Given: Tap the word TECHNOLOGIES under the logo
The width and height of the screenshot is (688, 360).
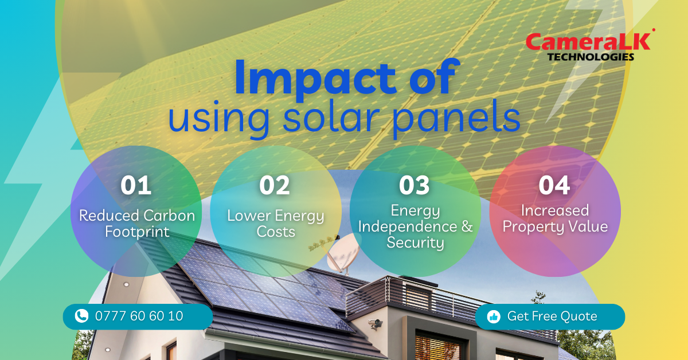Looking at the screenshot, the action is [x=591, y=57].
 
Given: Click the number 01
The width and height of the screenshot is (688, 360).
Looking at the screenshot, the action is [x=136, y=186].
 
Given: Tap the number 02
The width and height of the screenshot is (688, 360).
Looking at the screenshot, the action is [x=274, y=186].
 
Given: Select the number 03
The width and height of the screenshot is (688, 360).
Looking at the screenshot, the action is [x=414, y=186].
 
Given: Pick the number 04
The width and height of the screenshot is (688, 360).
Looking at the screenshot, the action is [x=554, y=186].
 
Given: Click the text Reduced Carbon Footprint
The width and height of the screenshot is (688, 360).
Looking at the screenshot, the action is [x=137, y=224].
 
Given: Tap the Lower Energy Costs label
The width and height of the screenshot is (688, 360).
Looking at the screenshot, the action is [x=276, y=224].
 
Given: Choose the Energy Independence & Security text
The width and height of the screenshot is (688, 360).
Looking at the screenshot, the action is [x=415, y=226].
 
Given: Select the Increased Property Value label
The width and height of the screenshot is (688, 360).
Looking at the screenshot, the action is [x=555, y=219].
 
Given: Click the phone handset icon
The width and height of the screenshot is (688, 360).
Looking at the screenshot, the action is [x=81, y=316].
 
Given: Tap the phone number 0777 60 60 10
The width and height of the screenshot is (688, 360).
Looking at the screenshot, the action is [x=139, y=316].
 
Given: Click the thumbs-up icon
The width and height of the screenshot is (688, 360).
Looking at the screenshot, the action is [x=494, y=316].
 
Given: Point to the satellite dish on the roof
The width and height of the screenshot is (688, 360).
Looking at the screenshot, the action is [x=342, y=252].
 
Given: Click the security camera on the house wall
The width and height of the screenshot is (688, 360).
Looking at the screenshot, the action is [x=376, y=323].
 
